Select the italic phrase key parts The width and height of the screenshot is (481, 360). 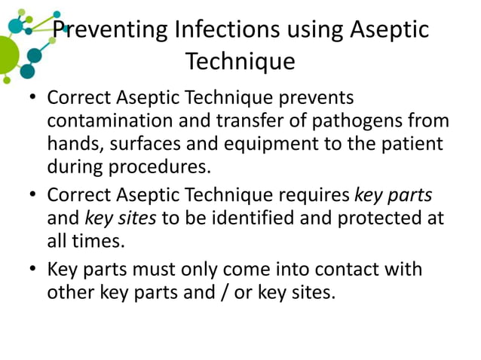pos(393,196)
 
